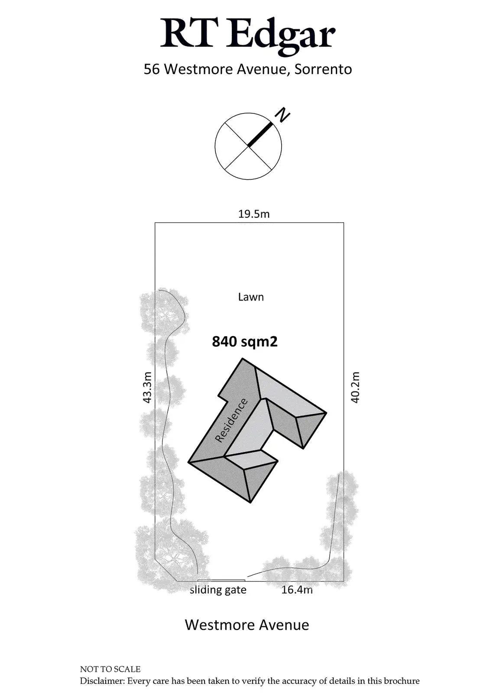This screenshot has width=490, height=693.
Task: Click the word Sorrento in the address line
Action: pos(323,69)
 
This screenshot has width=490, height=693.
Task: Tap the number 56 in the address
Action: pos(152,69)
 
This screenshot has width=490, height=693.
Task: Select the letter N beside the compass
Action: pos(282,115)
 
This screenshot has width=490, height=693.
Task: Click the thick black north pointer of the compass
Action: pos(261,135)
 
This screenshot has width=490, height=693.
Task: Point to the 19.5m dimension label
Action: pos(254,214)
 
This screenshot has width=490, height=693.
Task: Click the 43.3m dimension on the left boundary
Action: pos(147,387)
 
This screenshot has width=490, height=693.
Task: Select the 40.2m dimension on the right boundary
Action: pos(355,387)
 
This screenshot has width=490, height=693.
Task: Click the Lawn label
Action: pos(251,297)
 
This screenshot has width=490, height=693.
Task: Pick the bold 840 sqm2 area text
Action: pos(244,342)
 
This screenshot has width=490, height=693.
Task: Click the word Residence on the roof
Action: pos(231,421)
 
